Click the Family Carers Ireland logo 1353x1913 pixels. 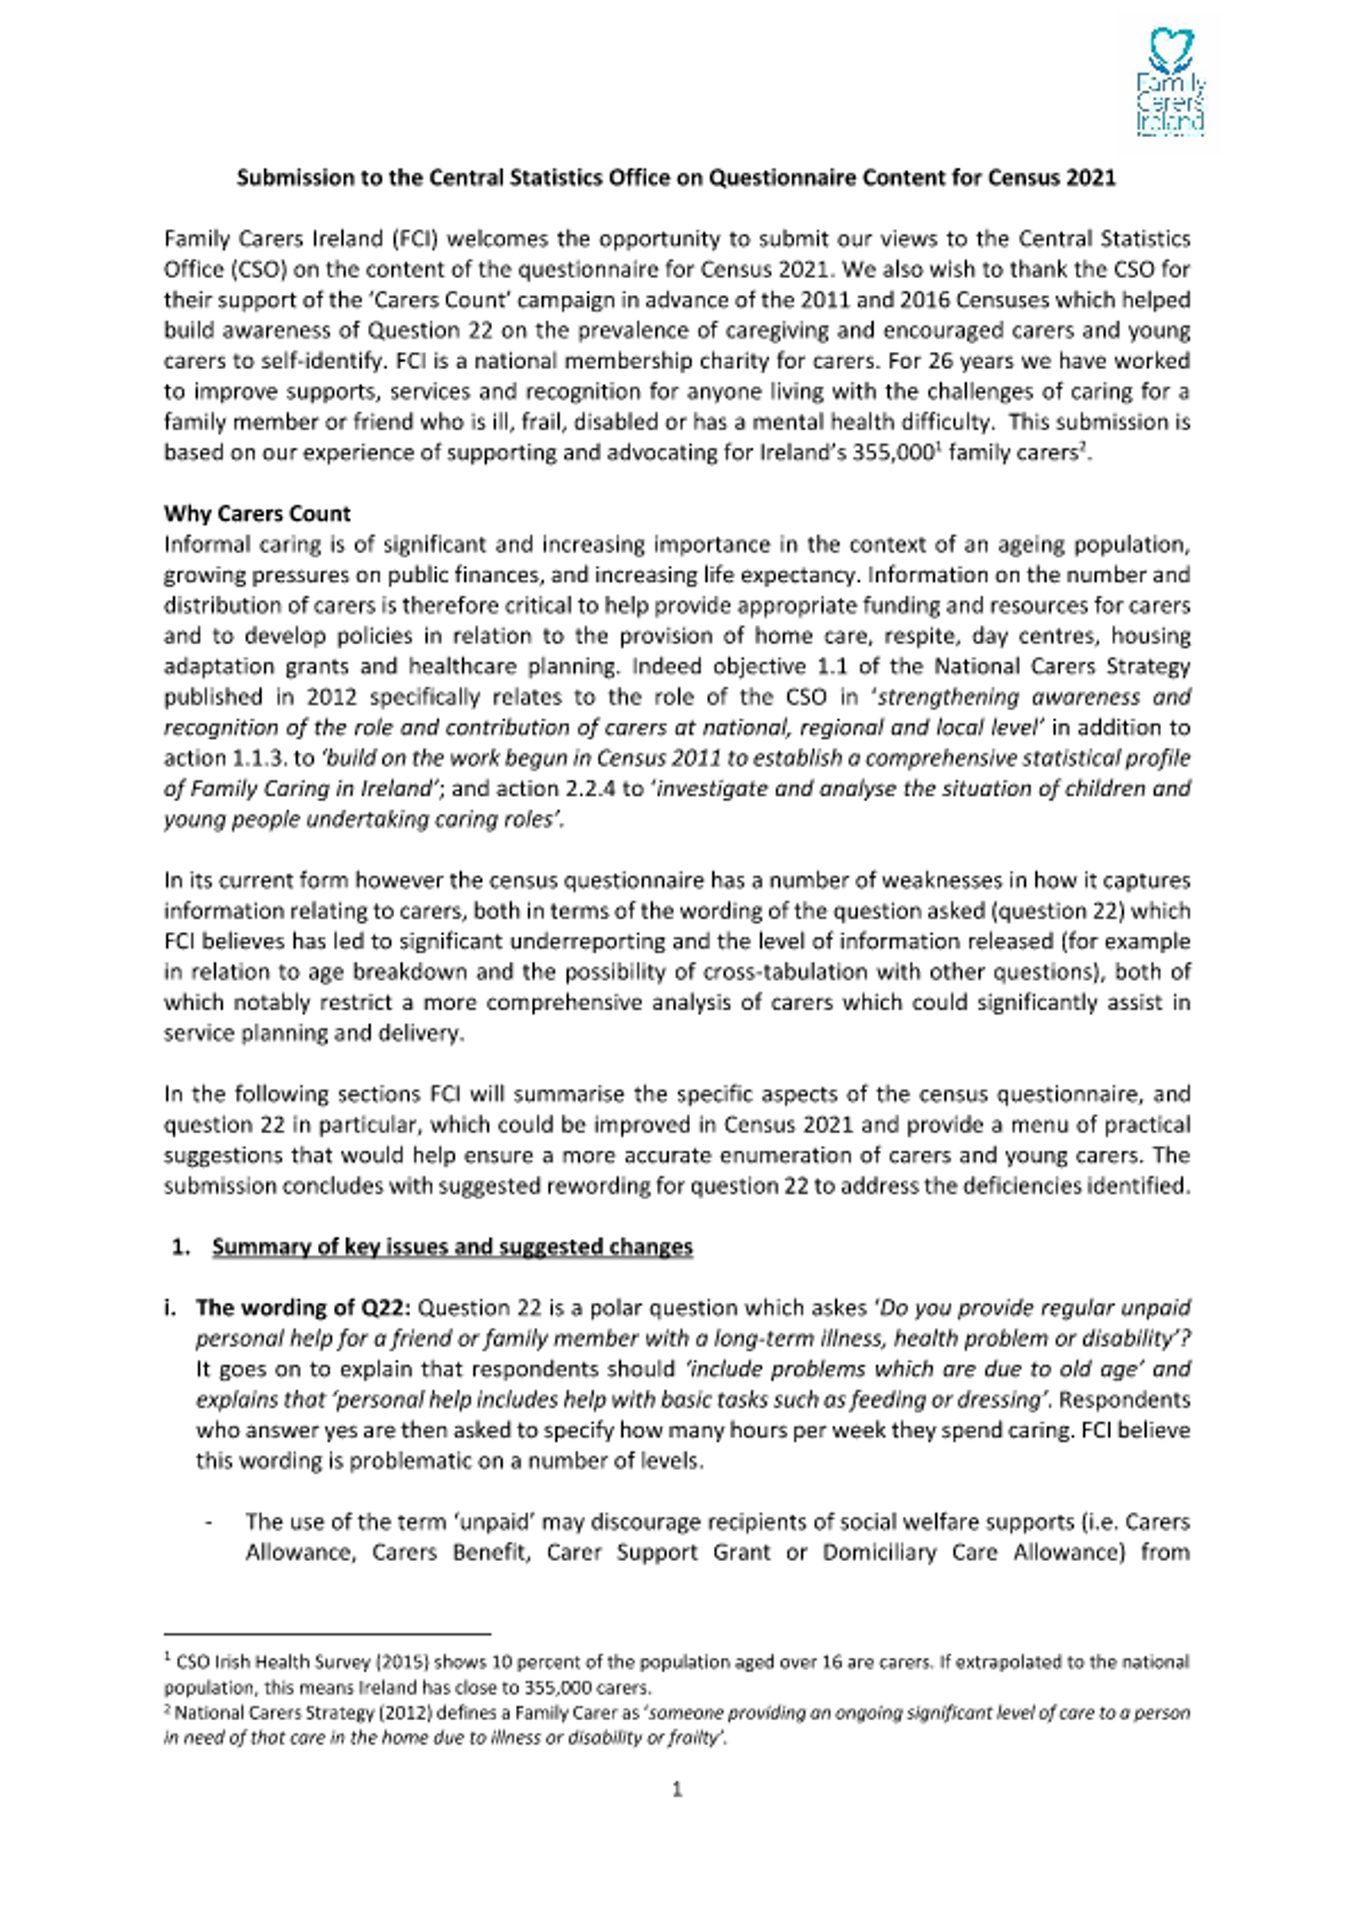[1170, 83]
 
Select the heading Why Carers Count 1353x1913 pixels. [257, 513]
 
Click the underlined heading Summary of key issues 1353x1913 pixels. [452, 1247]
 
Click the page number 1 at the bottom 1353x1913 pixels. [676, 1789]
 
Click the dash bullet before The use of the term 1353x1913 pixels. [208, 1522]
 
